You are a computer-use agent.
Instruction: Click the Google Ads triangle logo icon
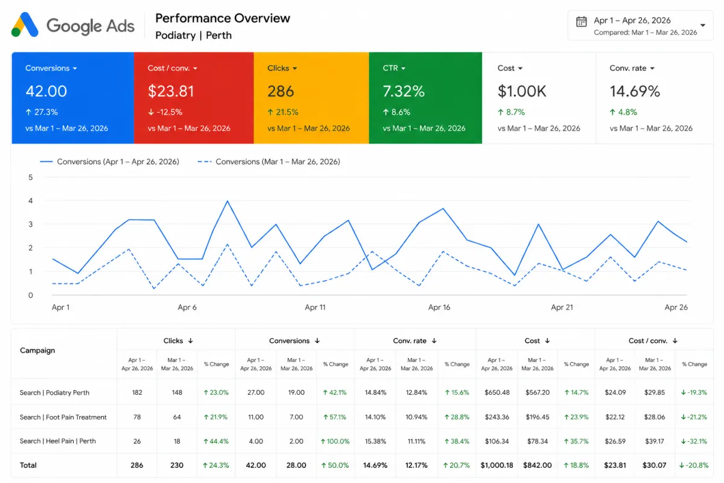(25, 25)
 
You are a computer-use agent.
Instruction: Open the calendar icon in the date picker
(581, 22)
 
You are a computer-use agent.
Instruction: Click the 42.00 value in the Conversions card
(46, 91)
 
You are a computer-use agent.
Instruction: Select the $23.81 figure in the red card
(171, 91)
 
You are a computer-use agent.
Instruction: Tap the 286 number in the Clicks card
(281, 91)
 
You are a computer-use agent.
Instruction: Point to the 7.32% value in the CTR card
(404, 91)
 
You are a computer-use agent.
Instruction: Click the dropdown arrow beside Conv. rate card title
(652, 68)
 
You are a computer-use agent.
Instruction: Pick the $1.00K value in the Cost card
(522, 91)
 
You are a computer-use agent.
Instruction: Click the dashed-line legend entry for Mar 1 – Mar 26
(269, 161)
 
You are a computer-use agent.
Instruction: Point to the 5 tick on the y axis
(30, 178)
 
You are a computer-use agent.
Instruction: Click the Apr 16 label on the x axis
(439, 307)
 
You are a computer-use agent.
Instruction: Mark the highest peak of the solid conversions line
(227, 201)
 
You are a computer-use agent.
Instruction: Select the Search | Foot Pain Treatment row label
(63, 417)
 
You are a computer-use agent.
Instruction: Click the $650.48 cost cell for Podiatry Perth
(497, 392)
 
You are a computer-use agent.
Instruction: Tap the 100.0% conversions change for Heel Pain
(335, 441)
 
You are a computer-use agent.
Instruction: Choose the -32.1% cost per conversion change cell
(694, 441)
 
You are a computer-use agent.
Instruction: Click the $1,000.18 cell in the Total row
(497, 465)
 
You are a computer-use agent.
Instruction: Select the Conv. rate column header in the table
(410, 341)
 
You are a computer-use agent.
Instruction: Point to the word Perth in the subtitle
(219, 35)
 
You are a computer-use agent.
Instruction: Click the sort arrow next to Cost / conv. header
(675, 341)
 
